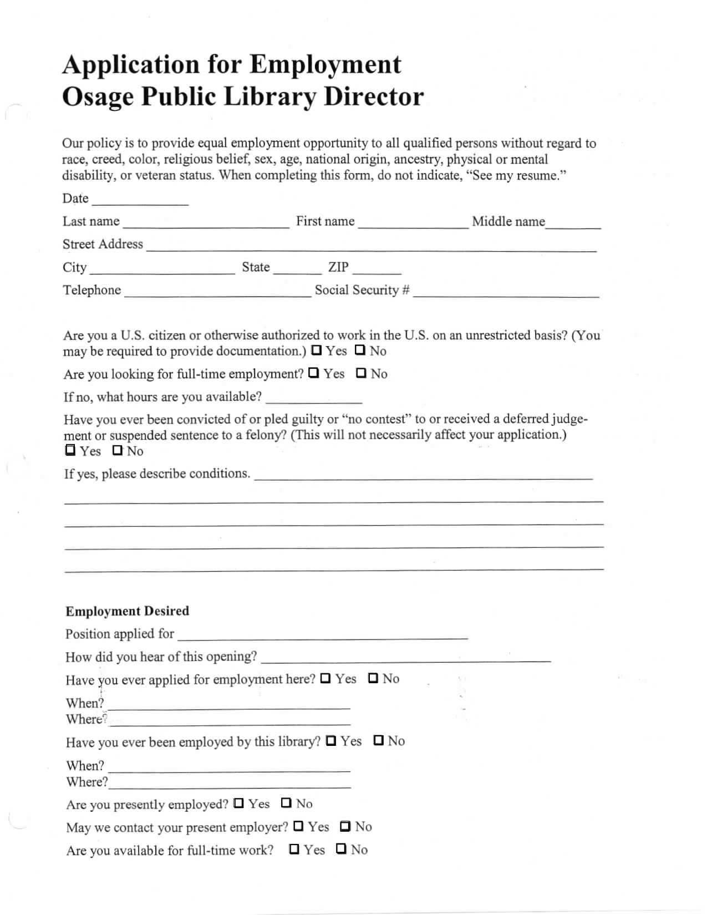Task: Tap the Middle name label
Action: point(508,221)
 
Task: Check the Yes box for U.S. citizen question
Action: point(317,350)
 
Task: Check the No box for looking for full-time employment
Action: point(362,373)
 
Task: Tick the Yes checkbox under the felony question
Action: point(70,450)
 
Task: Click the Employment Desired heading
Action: point(127,611)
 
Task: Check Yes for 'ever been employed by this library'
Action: point(331,740)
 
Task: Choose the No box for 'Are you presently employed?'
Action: point(286,802)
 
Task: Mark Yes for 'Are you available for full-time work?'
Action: point(294,849)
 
